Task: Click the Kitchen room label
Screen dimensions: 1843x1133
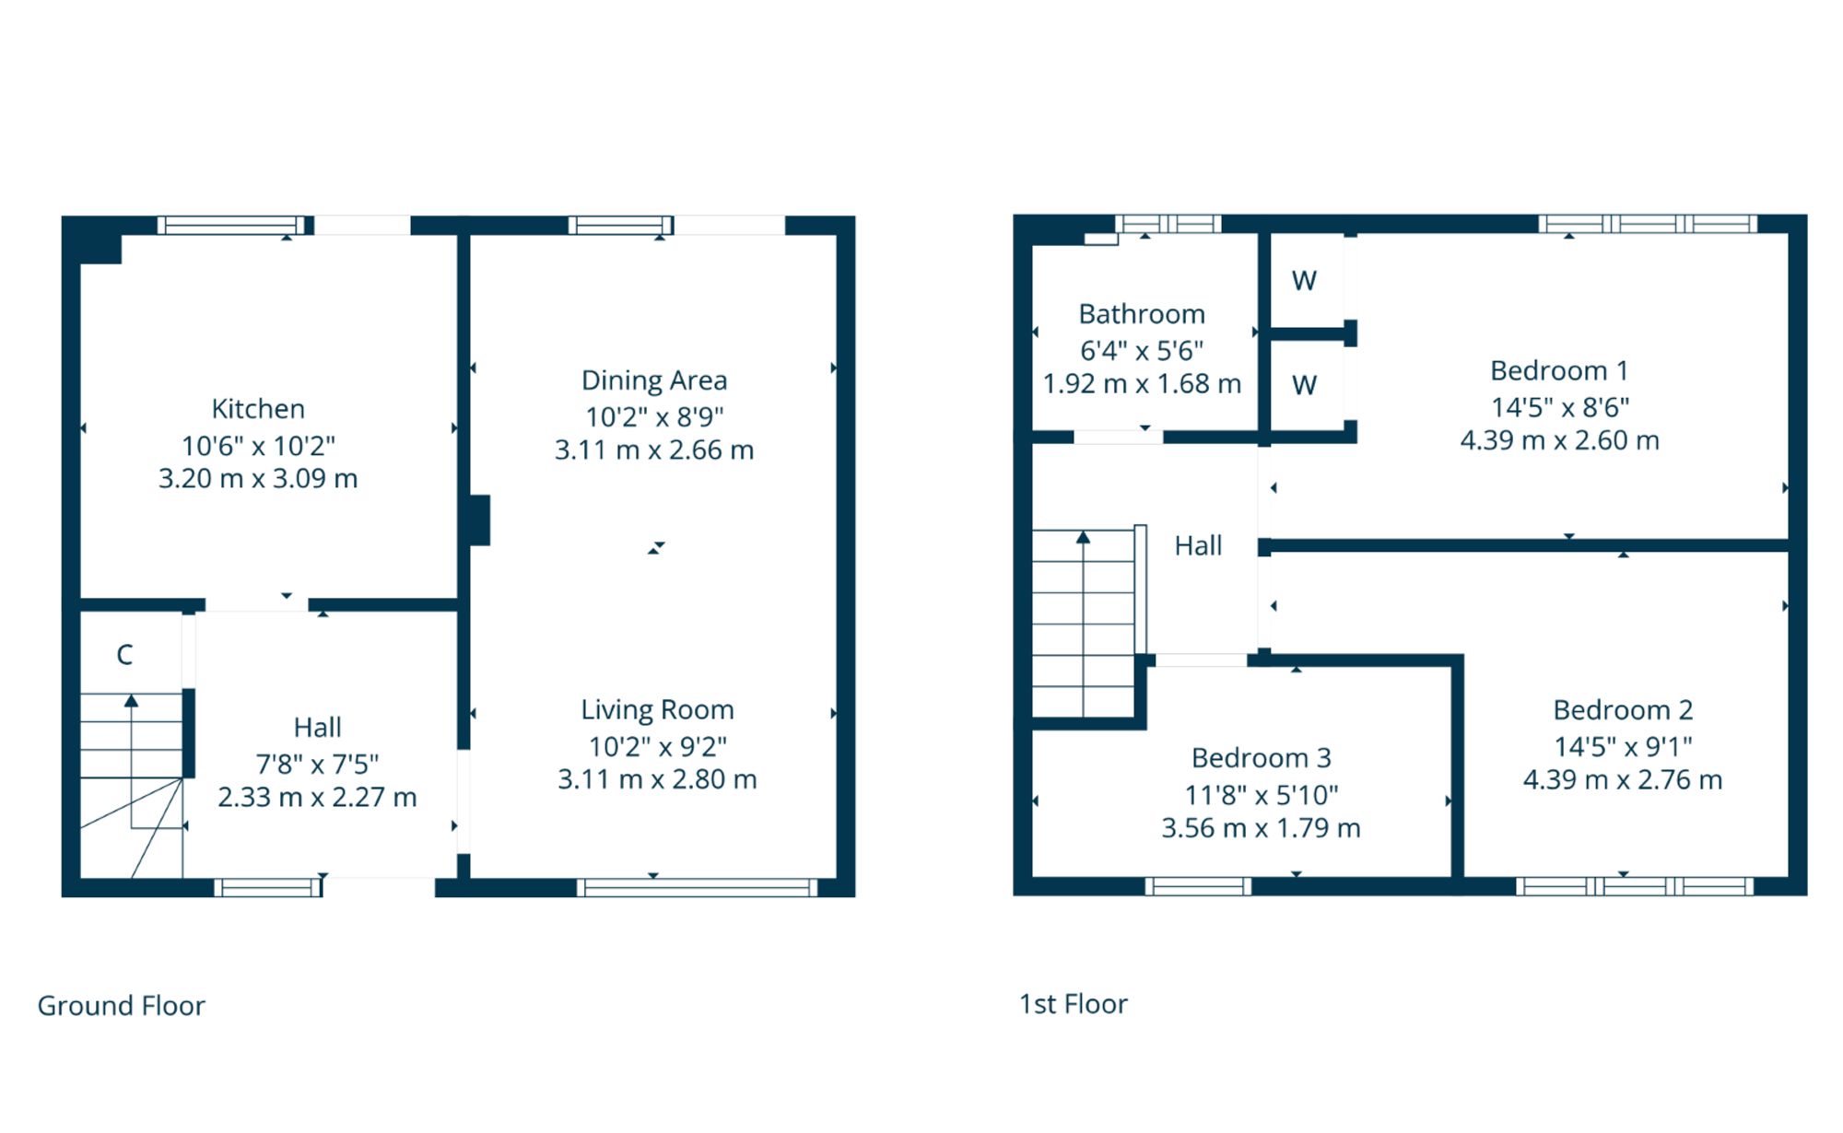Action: coord(258,409)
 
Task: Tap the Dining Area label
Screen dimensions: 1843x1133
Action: coord(654,380)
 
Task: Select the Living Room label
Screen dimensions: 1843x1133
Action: coord(657,710)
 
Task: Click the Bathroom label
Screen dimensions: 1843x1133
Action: coord(1142,314)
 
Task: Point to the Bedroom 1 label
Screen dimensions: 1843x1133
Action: coord(1559,370)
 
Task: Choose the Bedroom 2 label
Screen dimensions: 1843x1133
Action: coord(1623,710)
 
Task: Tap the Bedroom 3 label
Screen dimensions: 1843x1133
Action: coord(1261,758)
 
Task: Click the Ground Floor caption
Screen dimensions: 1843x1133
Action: coord(121,1005)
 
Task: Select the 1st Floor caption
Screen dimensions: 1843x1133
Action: coord(1074,1004)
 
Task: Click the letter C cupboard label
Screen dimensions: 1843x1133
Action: coord(124,655)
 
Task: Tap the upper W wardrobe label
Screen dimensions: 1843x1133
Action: coord(1304,281)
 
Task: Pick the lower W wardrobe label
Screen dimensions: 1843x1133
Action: coord(1304,385)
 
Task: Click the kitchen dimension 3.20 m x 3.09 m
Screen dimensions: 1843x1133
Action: coord(258,479)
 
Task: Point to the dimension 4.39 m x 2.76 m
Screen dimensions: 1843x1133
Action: coord(1623,780)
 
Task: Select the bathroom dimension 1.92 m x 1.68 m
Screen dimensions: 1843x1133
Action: coord(1142,384)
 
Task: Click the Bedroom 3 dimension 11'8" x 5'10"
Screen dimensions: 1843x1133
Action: coord(1261,794)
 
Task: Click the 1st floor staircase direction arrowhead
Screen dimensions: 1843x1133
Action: coord(1084,537)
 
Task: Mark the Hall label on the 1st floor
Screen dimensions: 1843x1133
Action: coord(1198,546)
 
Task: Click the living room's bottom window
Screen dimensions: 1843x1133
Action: coord(698,888)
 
